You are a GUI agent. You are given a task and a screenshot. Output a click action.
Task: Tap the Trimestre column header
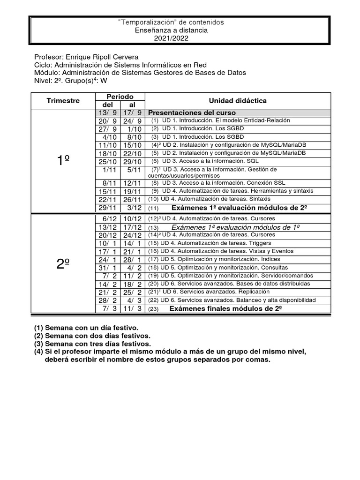pos(63,101)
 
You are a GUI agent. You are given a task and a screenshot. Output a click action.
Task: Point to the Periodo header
pos(120,96)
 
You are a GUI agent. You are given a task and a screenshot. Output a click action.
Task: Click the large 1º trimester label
pos(63,161)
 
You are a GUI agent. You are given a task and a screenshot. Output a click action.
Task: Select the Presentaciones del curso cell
pos(192,113)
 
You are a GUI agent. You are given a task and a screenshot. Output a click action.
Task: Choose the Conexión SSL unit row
pos(225,183)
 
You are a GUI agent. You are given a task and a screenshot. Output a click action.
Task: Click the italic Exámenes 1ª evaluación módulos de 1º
pos(236,227)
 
